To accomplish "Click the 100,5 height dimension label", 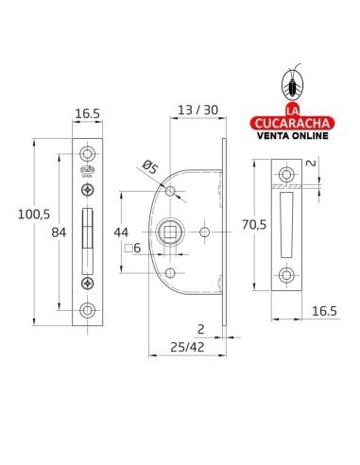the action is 34,215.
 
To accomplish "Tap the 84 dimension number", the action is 59,232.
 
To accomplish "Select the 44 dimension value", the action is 121,232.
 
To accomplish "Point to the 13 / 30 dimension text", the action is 198,110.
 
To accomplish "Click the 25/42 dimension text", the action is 187,347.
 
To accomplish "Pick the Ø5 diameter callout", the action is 149,167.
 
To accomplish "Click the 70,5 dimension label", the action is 254,225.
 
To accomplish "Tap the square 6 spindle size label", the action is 132,249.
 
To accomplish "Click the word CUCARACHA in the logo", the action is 292,123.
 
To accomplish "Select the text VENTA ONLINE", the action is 293,136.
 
